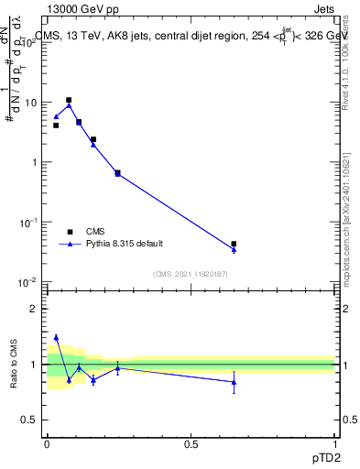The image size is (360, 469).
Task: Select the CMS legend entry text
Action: (96, 232)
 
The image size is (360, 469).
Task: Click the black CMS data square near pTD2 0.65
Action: (234, 244)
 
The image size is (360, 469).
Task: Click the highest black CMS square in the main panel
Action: (69, 100)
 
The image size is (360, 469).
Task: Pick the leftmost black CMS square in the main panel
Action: (56, 125)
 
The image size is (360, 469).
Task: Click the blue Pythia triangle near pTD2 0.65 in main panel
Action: (234, 249)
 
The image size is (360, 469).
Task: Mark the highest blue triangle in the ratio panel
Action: (56, 338)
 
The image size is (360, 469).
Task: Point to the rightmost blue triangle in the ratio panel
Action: (234, 382)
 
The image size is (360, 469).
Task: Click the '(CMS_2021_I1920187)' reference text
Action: (190, 274)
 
